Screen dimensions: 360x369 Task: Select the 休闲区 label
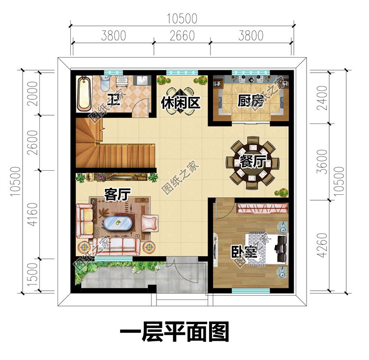point(180,103)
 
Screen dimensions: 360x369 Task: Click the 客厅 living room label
point(117,195)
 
